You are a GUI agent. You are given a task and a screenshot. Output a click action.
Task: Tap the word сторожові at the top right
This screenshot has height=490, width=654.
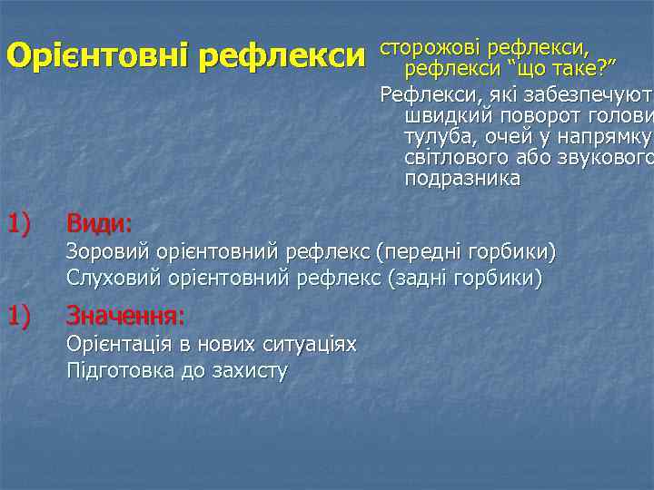click(431, 46)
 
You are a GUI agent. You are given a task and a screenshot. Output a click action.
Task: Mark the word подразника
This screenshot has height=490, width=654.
click(462, 179)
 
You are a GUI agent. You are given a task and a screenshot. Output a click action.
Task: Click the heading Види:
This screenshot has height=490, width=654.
click(99, 222)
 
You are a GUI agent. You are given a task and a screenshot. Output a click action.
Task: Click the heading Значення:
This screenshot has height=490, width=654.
click(125, 317)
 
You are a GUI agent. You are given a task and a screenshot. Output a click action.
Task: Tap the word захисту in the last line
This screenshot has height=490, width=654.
click(248, 370)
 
